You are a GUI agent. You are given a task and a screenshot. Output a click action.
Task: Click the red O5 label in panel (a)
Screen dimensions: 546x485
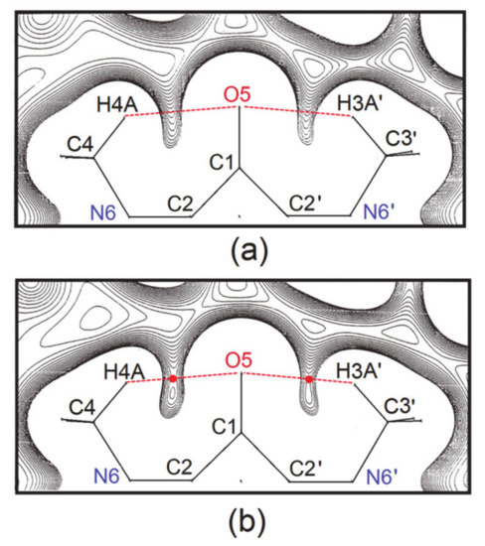point(238,95)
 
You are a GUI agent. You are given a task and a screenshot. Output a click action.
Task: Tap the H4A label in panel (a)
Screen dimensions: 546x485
point(115,102)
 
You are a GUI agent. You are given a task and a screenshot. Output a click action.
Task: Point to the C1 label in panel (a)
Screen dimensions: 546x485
point(225,159)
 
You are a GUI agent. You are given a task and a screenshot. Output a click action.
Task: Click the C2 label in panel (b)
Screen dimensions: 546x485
point(180,466)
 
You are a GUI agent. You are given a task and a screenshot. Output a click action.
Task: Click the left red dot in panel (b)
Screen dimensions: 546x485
point(173,379)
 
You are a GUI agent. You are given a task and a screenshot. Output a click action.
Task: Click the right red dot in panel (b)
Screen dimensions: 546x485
point(309,379)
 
